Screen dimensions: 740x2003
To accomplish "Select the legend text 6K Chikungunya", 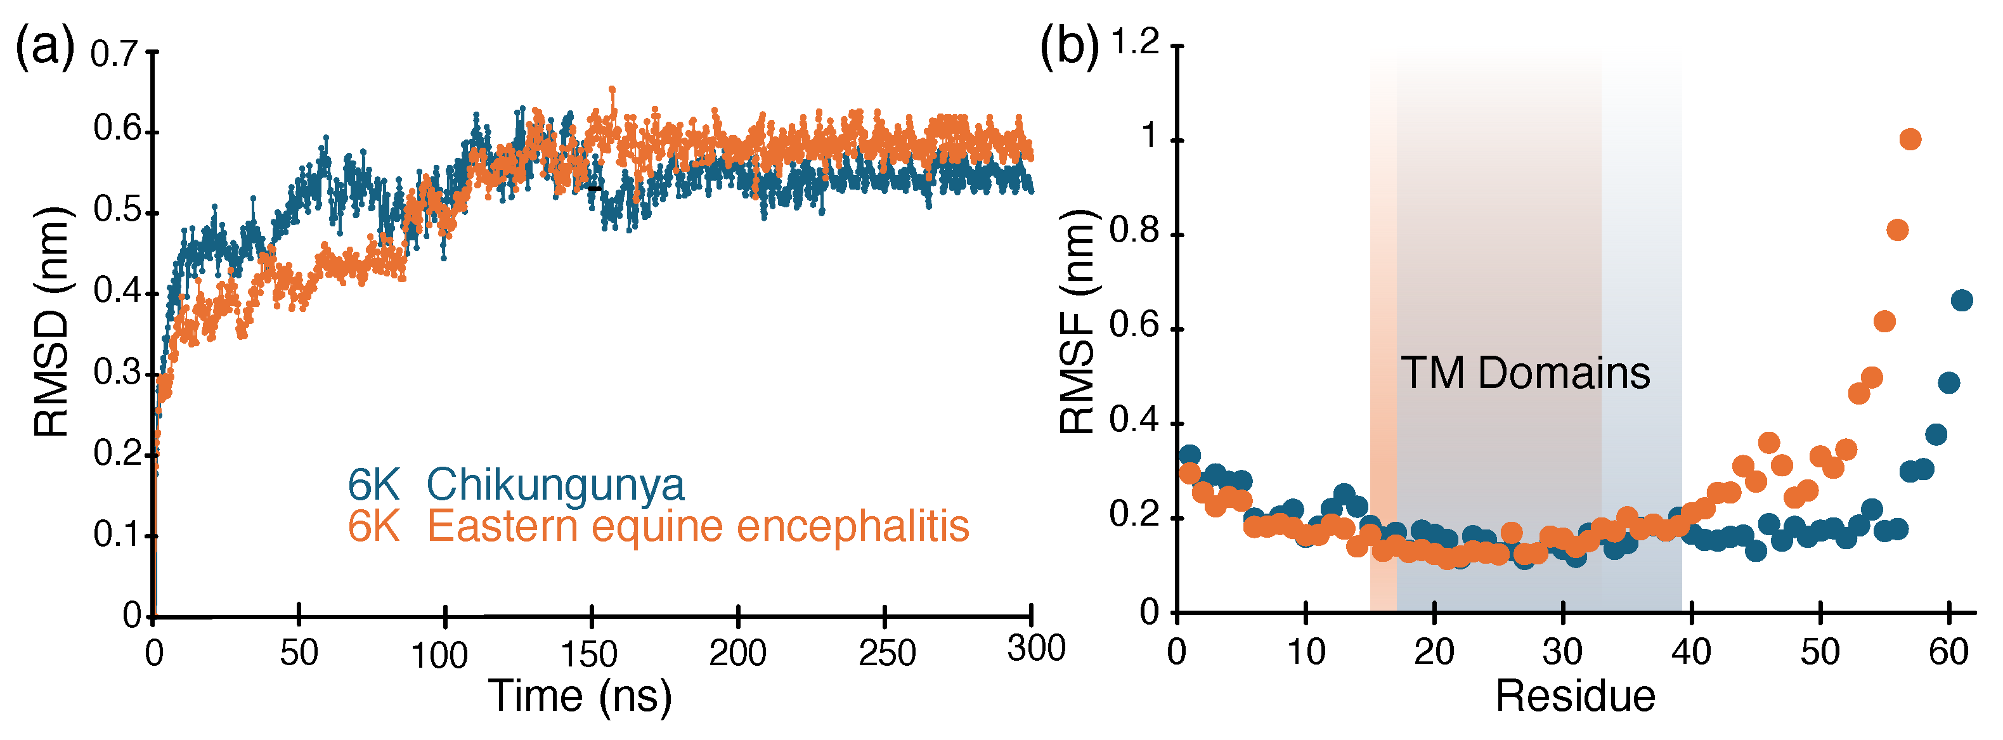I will pos(516,485).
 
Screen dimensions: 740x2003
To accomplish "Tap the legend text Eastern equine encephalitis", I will pos(697,526).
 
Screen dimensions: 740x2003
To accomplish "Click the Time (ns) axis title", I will pos(580,696).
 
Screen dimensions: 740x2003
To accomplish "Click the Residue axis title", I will pos(1574,696).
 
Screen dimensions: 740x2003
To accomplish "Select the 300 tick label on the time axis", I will pos(1035,648).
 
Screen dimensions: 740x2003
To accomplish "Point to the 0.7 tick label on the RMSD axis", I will pos(113,55).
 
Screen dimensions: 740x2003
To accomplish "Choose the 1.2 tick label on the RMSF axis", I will pos(1134,42).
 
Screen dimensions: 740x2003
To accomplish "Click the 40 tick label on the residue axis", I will pos(1691,652).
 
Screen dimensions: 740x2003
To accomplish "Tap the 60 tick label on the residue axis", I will pos(1948,652).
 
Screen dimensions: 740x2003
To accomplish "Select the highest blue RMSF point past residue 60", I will pos(1962,300).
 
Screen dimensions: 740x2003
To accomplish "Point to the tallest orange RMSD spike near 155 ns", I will pos(612,90).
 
